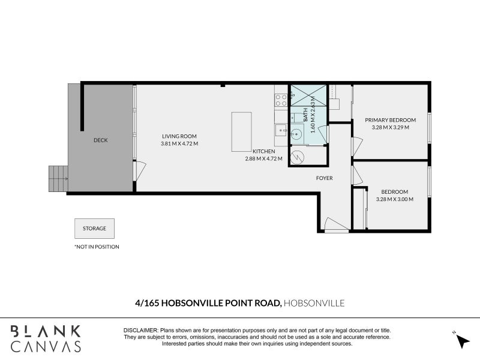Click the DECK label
101,140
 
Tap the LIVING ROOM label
179,137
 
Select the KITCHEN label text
264,151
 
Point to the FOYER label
325,178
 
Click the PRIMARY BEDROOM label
391,120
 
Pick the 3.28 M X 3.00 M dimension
395,199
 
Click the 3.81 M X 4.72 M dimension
179,143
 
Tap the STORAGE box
95,229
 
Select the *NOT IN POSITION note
97,247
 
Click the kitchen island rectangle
242,132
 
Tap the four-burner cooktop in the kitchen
281,100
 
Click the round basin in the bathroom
296,134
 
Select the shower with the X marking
308,95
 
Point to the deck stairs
58,179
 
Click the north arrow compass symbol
462,341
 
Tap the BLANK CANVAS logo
46,338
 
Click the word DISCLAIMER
141,331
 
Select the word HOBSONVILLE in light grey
314,303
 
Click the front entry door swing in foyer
337,224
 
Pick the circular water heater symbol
297,158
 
